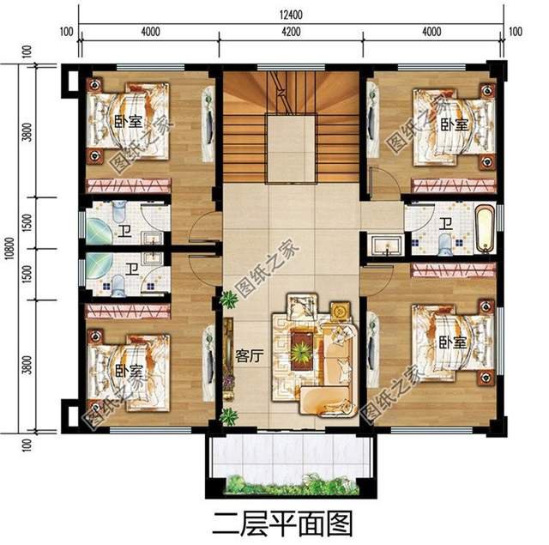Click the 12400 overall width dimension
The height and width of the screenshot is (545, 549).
(291, 15)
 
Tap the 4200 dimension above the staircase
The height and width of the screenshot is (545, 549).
(291, 32)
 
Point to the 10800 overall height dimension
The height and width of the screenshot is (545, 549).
(9, 248)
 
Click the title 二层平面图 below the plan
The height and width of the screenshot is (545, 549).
(282, 524)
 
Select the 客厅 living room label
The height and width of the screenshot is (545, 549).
(250, 356)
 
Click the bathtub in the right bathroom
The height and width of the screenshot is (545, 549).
(485, 228)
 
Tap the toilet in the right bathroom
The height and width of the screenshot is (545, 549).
(446, 243)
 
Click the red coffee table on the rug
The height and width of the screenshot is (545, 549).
(301, 350)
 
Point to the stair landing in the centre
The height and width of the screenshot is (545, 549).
(291, 149)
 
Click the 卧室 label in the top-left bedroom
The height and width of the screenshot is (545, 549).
(128, 122)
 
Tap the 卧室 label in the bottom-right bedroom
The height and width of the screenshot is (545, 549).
(452, 342)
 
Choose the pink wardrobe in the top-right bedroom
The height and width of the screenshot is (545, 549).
(454, 186)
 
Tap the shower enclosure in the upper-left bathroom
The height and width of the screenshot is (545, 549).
(98, 232)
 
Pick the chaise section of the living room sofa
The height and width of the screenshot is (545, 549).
(325, 400)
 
